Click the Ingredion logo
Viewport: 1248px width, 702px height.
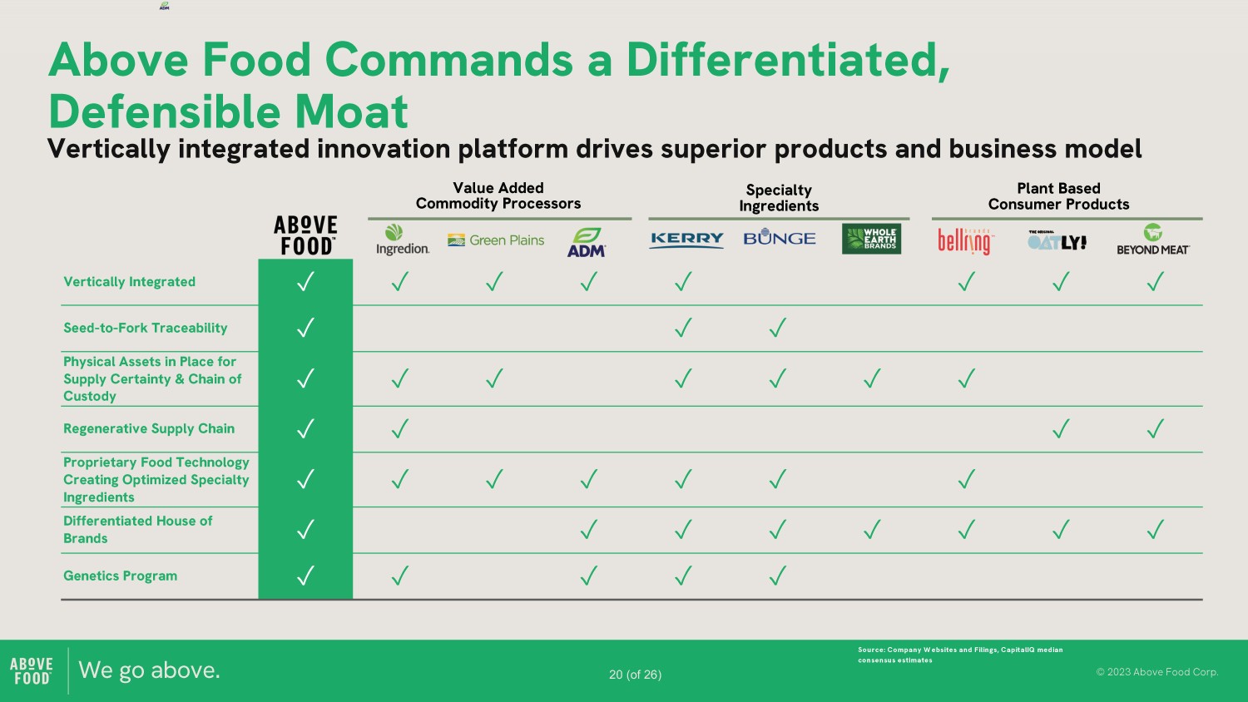click(402, 240)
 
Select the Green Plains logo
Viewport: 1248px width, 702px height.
click(496, 240)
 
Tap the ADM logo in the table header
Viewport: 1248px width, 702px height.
click(587, 242)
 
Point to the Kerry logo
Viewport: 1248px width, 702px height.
click(686, 240)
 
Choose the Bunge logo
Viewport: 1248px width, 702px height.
click(779, 237)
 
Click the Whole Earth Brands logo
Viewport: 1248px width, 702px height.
click(871, 239)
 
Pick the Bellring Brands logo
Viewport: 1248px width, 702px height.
click(965, 242)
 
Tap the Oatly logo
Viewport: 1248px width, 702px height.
click(1057, 240)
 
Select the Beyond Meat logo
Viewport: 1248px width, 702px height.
click(1152, 240)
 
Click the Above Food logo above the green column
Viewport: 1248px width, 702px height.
click(305, 235)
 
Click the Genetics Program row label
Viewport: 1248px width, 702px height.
click(121, 576)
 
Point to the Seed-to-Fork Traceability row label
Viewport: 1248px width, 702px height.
click(146, 328)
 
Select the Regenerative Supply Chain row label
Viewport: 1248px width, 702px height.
click(149, 428)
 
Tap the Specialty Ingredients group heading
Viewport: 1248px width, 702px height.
click(779, 198)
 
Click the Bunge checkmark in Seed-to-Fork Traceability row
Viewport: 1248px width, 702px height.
click(778, 327)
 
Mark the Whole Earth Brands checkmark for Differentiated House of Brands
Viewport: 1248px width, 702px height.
click(872, 529)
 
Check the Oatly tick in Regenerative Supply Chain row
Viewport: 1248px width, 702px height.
click(1061, 428)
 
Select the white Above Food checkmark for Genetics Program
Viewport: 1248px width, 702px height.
click(305, 575)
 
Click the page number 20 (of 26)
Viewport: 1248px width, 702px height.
click(635, 675)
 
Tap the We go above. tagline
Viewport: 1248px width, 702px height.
click(149, 670)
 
